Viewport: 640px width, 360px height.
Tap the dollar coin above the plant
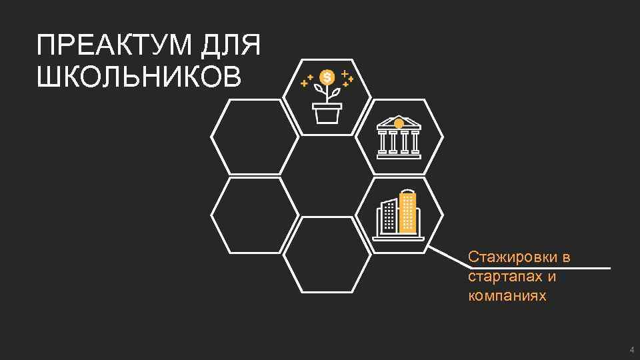point(327,77)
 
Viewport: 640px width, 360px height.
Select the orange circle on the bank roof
point(399,123)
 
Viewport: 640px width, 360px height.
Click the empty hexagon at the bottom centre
point(327,255)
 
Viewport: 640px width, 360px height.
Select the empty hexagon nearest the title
point(255,137)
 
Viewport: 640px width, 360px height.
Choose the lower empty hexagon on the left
point(255,215)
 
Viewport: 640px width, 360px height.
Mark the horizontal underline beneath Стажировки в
point(540,268)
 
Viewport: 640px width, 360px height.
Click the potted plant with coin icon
point(327,97)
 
